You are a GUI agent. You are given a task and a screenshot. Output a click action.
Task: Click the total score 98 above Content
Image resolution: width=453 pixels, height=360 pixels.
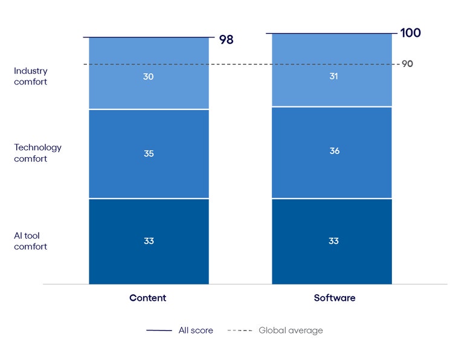226,40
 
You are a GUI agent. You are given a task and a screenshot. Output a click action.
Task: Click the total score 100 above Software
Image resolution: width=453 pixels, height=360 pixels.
410,33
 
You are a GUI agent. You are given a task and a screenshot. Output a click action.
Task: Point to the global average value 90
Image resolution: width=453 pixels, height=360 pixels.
407,64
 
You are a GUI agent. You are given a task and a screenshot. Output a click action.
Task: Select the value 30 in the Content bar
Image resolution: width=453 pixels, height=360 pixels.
149,77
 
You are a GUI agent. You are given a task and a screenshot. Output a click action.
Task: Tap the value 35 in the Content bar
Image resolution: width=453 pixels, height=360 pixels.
149,153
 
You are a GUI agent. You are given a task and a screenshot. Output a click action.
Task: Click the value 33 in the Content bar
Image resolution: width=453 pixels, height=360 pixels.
149,241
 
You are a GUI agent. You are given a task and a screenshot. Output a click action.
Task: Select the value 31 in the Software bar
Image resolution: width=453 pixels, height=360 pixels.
334,76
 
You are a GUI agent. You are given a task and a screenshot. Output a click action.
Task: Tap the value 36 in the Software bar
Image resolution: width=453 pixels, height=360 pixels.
334,151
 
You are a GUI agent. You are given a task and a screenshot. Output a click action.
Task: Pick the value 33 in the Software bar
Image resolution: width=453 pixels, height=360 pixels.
334,241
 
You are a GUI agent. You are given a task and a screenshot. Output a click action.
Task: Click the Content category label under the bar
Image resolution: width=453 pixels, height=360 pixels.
148,298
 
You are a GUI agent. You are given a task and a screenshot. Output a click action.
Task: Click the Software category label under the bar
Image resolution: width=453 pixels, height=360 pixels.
335,298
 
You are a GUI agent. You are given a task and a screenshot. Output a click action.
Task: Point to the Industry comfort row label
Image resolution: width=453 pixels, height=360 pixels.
31,76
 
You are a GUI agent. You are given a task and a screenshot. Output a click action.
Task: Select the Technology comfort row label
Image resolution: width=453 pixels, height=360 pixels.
38,153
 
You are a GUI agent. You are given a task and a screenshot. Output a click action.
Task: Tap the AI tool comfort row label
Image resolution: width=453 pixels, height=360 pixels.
31,241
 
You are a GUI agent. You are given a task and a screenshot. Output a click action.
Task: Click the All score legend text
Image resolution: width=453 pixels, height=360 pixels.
196,330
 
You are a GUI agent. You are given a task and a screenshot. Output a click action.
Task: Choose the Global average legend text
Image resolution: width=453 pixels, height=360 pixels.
291,330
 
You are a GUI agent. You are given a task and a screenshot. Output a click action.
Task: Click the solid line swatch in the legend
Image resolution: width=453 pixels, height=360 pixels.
159,330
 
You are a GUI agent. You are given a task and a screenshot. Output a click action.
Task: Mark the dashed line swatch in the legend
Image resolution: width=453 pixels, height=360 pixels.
240,330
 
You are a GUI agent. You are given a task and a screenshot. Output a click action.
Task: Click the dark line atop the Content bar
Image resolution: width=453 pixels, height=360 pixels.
149,37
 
